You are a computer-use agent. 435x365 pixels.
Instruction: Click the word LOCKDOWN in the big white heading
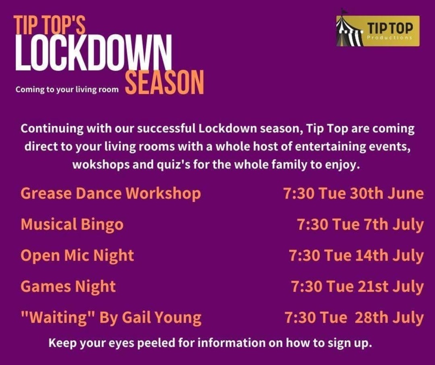pyautogui.click(x=93, y=53)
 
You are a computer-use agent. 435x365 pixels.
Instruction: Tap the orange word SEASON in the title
pyautogui.click(x=165, y=82)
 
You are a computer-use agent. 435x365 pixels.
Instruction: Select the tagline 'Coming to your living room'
pyautogui.click(x=67, y=90)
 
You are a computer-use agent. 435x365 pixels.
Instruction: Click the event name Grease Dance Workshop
pyautogui.click(x=111, y=193)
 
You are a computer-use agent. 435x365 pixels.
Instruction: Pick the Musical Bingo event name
pyautogui.click(x=72, y=224)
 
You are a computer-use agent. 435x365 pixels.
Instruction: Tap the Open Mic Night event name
pyautogui.click(x=77, y=255)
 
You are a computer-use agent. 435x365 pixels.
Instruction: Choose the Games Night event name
pyautogui.click(x=68, y=286)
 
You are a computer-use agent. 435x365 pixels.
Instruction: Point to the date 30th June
pyautogui.click(x=386, y=193)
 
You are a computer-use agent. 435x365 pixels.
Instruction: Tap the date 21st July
pyautogui.click(x=390, y=286)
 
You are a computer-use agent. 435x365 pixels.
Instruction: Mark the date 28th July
pyautogui.click(x=389, y=317)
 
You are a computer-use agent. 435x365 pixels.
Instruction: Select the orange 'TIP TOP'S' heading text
pyautogui.click(x=49, y=25)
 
